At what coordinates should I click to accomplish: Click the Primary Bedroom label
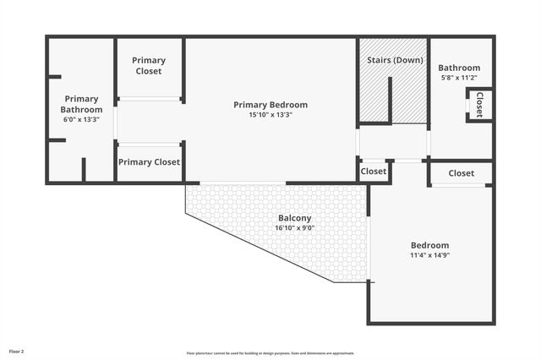coord(270,105)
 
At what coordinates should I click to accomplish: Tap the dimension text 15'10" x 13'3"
coord(270,115)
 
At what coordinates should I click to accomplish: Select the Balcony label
coord(294,218)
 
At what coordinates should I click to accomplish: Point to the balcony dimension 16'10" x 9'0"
coord(294,227)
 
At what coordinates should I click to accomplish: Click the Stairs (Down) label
coord(395,60)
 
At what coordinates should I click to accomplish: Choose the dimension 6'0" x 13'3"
coord(81,120)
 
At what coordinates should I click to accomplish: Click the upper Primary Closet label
coord(149,66)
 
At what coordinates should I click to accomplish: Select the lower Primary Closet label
coord(149,162)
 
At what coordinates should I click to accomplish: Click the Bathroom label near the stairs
coord(459,68)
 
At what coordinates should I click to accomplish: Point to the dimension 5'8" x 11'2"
coord(459,78)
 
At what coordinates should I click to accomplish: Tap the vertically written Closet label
coord(479,105)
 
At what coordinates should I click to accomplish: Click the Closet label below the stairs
coord(374,172)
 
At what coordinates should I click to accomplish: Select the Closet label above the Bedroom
coord(462,173)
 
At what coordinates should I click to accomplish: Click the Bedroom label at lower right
coord(429,246)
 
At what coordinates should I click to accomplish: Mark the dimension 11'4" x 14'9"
coord(429,255)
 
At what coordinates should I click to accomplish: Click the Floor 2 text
coord(17,351)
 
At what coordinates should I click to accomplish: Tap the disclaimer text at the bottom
coord(270,353)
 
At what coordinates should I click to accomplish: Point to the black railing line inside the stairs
coord(390,100)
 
